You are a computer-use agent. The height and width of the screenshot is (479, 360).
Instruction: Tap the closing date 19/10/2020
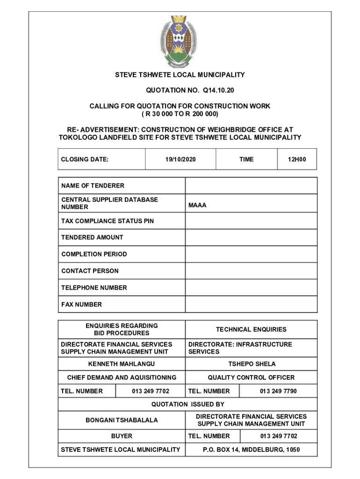[180, 160]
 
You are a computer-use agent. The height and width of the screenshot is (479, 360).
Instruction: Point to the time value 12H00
[296, 160]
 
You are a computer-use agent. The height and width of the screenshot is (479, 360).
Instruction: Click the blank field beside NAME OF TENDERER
[251, 186]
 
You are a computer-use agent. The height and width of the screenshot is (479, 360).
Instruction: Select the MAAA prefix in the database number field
[197, 205]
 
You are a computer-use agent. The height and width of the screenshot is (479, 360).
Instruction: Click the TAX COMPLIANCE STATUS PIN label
[107, 221]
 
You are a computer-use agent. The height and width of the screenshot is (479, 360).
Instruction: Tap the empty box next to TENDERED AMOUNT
[251, 237]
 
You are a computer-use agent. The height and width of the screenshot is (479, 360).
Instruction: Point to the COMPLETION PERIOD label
[94, 254]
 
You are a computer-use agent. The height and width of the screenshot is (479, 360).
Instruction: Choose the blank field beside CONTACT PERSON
[251, 271]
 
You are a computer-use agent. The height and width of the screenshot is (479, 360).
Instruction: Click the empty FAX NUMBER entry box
[251, 305]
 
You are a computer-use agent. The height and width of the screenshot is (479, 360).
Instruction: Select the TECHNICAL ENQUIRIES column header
[251, 330]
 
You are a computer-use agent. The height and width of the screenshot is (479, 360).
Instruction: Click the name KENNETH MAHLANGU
[122, 364]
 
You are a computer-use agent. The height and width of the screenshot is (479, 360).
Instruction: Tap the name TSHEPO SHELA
[252, 364]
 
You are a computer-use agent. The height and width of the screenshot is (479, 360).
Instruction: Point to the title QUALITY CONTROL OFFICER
[251, 377]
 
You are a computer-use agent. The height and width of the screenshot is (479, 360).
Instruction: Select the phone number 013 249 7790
[278, 391]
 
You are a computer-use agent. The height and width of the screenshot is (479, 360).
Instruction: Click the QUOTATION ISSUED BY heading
[187, 404]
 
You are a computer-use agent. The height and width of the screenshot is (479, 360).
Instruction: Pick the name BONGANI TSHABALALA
[122, 420]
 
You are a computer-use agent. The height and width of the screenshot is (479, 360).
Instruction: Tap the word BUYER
[122, 436]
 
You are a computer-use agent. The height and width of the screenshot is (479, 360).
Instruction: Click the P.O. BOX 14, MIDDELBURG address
[251, 450]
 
